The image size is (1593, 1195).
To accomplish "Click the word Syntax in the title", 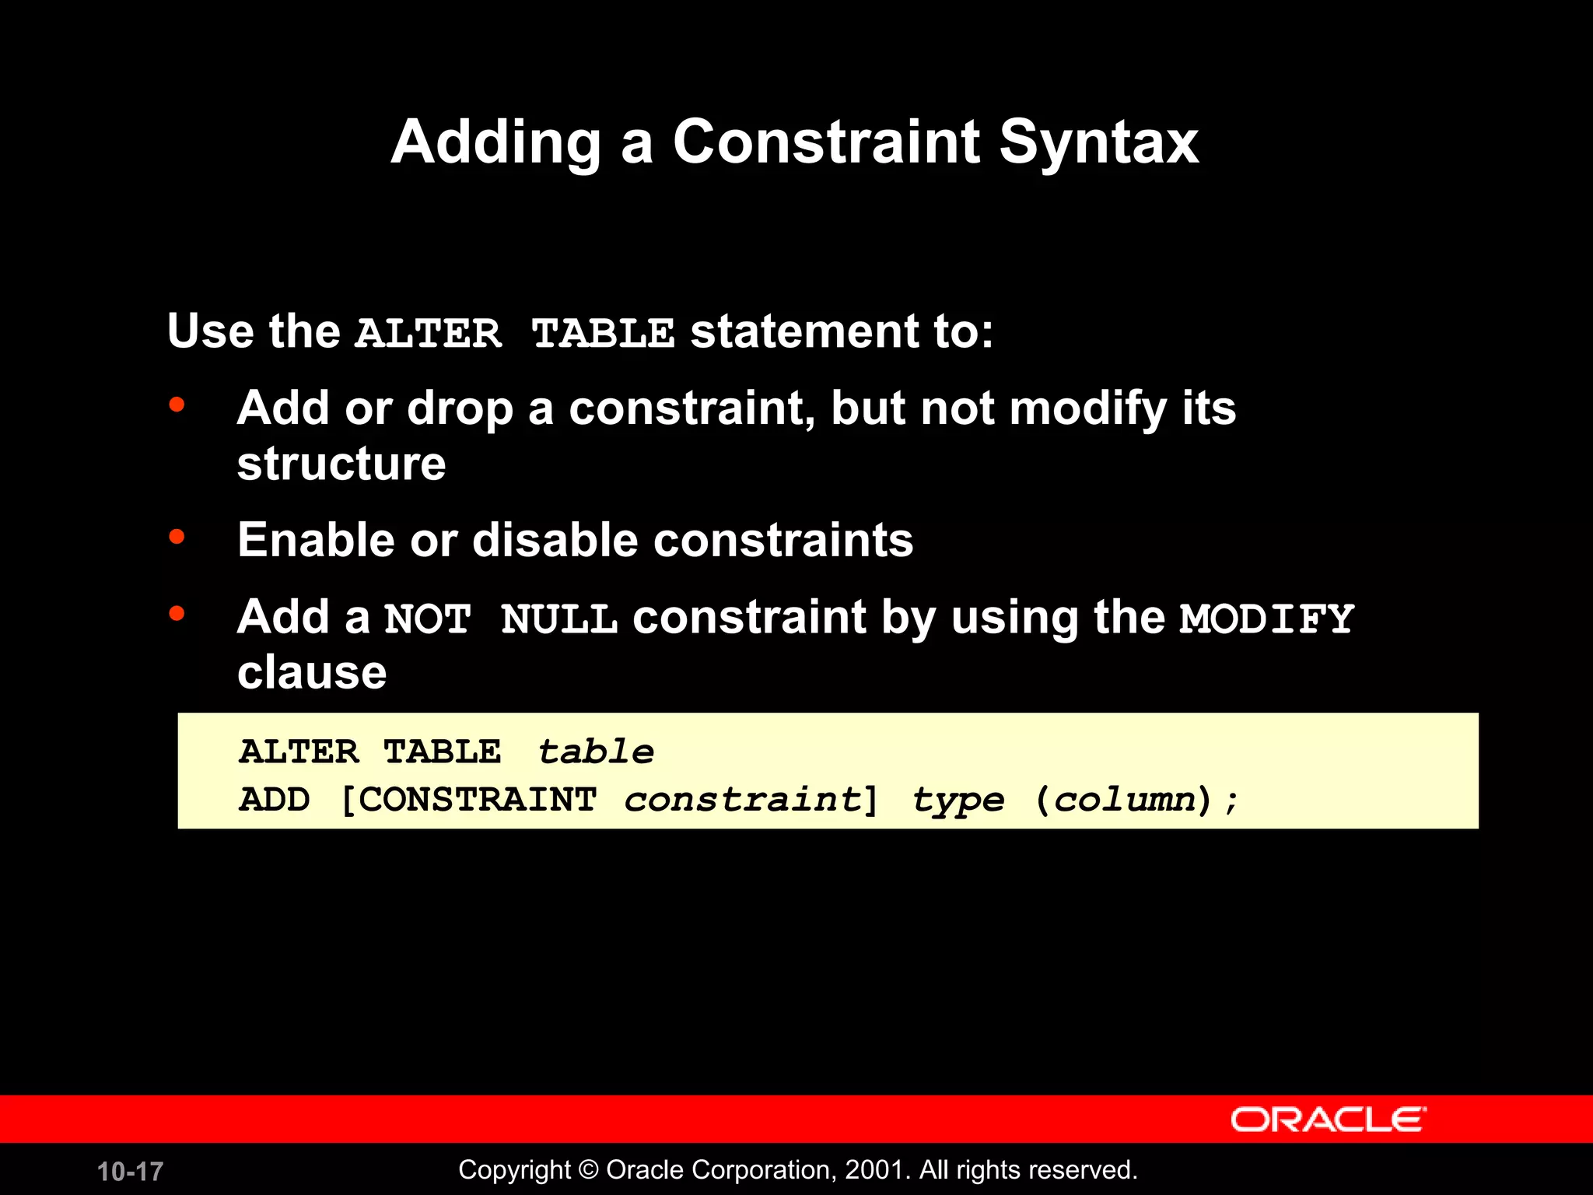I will point(1098,142).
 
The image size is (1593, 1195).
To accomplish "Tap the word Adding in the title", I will point(495,142).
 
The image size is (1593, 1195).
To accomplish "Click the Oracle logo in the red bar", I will point(1328,1120).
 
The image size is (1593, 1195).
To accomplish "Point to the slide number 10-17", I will point(130,1171).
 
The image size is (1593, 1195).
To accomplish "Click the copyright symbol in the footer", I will point(589,1169).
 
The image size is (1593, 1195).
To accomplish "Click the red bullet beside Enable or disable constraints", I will point(177,537).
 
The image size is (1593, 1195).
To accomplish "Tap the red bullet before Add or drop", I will point(177,405).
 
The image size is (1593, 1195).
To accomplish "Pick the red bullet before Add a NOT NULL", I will point(177,614).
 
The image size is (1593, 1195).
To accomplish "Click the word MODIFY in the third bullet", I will point(1267,619).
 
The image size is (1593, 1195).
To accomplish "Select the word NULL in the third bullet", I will point(558,619).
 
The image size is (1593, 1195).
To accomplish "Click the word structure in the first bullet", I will point(341,464).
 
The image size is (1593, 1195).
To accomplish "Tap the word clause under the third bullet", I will point(312,672).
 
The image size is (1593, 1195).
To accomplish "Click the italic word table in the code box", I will point(596,752).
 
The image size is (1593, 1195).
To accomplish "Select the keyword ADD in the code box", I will point(275,800).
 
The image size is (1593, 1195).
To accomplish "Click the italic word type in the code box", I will point(958,800).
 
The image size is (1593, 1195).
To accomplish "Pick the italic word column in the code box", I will point(1124,800).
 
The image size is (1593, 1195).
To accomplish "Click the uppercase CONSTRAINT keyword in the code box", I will point(477,800).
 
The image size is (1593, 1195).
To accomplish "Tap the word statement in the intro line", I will point(804,331).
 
